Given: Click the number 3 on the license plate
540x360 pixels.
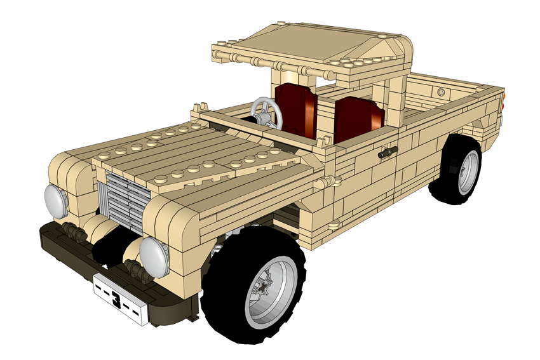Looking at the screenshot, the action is click(x=116, y=299).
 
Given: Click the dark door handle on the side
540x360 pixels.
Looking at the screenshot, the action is click(x=388, y=152).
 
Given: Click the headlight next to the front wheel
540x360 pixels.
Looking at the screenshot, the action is click(x=154, y=257).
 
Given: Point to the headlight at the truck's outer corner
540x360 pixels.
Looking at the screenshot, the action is click(x=56, y=201).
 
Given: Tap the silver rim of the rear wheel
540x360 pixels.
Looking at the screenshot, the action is click(x=468, y=173).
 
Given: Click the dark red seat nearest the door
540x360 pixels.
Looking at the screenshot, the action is click(x=358, y=119).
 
